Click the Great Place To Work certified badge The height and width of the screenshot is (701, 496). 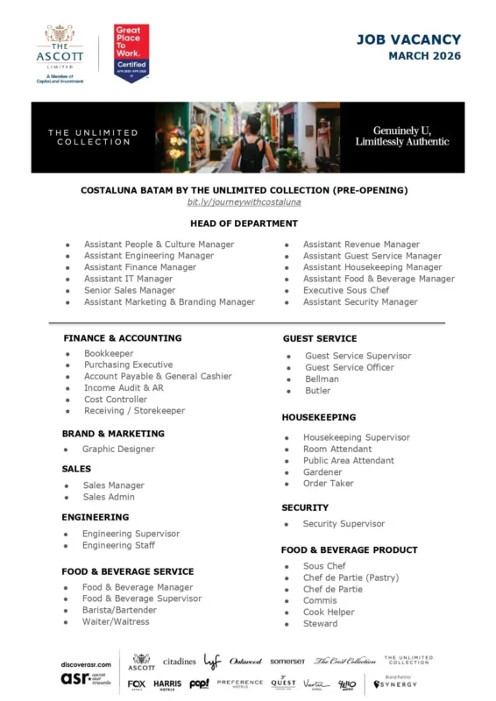click(x=131, y=53)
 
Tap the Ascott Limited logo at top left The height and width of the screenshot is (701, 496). click(x=60, y=53)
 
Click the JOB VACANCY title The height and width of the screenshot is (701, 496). click(x=407, y=39)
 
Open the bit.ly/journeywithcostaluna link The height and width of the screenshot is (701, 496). click(x=244, y=202)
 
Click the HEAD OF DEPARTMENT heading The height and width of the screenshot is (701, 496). click(x=244, y=223)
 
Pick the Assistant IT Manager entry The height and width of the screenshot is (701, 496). click(x=128, y=279)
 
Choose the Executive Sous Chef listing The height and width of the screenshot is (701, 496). click(x=345, y=290)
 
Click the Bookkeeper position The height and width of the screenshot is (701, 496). click(x=109, y=353)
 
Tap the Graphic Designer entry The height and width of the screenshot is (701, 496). click(x=117, y=449)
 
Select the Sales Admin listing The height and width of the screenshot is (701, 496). click(x=109, y=497)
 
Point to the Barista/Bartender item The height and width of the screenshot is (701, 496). click(x=119, y=610)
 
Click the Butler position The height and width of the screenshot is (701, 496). click(x=317, y=391)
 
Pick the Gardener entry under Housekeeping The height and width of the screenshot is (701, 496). click(x=322, y=471)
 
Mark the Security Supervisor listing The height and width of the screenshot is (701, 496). click(x=344, y=524)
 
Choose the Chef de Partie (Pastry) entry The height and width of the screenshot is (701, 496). click(x=351, y=577)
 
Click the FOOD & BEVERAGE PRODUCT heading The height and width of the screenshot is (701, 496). click(x=349, y=550)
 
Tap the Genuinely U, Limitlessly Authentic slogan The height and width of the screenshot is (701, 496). click(x=402, y=136)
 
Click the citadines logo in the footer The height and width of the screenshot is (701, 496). click(x=179, y=662)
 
